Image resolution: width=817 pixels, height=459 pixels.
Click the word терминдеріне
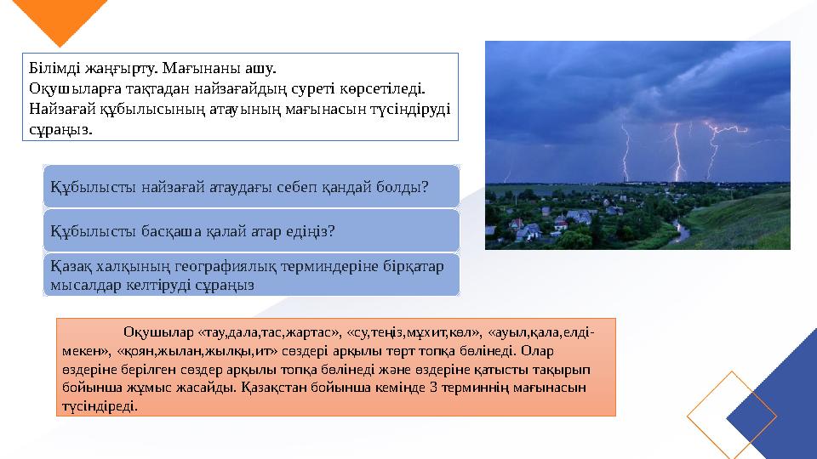[x=326, y=266]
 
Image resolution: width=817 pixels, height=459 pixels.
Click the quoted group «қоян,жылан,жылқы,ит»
[x=176, y=350]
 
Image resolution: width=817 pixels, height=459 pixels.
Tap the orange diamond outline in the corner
[x=731, y=414]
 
